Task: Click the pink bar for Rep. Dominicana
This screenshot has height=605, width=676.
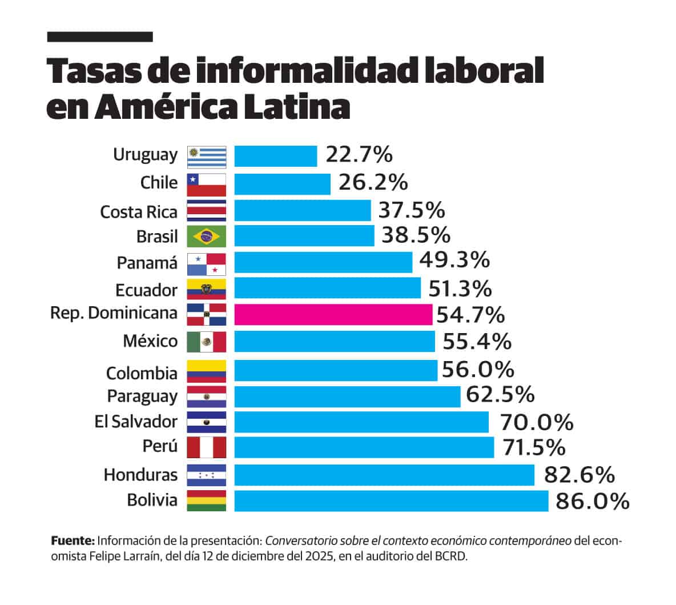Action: point(333,315)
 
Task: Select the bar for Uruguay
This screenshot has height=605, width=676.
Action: point(276,156)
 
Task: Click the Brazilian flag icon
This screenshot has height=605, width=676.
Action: point(207,236)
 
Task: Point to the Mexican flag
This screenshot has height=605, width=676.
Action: point(207,342)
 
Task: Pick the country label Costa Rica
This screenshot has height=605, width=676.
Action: point(139,212)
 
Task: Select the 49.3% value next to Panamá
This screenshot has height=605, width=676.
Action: point(454,260)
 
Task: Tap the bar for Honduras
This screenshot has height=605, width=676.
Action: point(384,475)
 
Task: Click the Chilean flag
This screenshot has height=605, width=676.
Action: point(207,185)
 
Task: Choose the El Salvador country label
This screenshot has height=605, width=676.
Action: point(136,422)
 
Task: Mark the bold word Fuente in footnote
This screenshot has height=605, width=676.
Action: point(73,540)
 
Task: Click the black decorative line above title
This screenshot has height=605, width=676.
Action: point(100,37)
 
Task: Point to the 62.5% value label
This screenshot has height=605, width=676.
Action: point(500,394)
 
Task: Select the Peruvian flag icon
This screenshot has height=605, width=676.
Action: point(207,447)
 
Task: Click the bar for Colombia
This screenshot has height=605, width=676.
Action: point(336,370)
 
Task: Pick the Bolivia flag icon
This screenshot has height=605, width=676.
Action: point(207,500)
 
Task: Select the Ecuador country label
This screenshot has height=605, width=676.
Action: point(146,290)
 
